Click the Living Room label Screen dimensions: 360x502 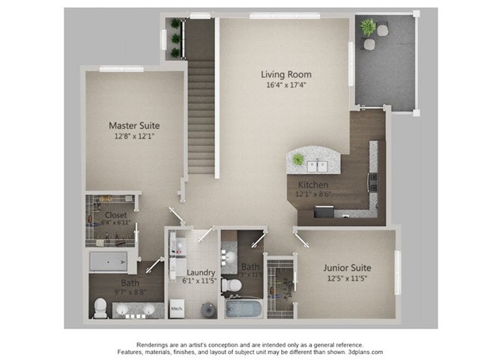[285, 74]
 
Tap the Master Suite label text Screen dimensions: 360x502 [134, 125]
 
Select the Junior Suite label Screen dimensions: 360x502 [347, 267]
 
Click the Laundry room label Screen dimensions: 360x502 [201, 272]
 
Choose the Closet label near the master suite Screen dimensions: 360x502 [115, 214]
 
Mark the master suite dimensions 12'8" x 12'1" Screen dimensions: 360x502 [134, 137]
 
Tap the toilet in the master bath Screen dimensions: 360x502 [100, 307]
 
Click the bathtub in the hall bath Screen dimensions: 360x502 [243, 308]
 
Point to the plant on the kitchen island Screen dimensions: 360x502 [299, 159]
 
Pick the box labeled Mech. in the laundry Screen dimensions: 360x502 [177, 307]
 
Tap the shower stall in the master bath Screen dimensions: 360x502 [110, 261]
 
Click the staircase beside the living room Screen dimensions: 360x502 [201, 112]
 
